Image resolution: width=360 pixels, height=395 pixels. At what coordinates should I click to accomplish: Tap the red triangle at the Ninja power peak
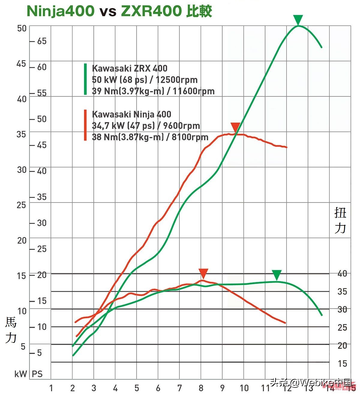(x=235, y=127)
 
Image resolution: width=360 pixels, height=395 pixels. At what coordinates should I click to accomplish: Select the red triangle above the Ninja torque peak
(x=203, y=273)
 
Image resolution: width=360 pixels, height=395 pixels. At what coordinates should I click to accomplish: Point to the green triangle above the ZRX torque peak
(x=277, y=275)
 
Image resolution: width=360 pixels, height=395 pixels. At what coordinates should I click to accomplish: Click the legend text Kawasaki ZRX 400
(x=130, y=68)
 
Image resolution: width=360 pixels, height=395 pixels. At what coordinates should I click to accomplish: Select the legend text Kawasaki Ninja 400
(x=131, y=114)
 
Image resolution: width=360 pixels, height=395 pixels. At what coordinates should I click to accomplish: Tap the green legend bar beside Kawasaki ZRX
(x=85, y=79)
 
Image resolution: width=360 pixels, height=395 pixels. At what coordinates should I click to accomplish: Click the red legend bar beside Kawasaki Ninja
(x=85, y=125)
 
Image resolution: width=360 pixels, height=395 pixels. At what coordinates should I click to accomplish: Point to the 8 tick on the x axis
(x=201, y=388)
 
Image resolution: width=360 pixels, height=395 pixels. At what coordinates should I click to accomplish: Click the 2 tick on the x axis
(x=72, y=388)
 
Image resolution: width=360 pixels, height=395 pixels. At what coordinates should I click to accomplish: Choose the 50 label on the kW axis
(x=22, y=28)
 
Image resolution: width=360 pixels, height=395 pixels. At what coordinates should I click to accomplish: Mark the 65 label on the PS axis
(x=42, y=41)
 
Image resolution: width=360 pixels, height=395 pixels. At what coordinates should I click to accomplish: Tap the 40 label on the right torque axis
(x=342, y=273)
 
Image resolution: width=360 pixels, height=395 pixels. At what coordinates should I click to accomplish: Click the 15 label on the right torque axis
(x=342, y=364)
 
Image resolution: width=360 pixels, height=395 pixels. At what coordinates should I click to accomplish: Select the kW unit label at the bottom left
(x=21, y=374)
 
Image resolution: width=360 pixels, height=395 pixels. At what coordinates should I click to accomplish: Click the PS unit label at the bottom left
(x=37, y=374)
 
